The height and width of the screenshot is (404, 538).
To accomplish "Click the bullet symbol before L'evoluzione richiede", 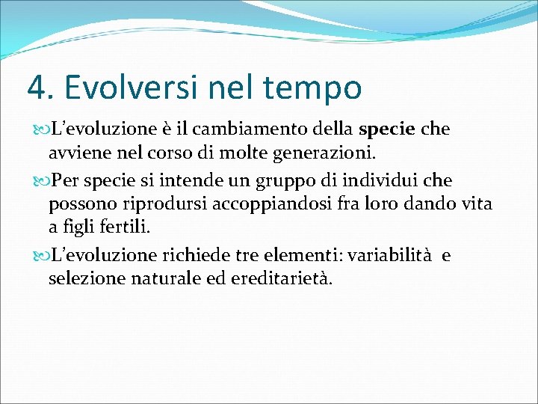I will (41, 255).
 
